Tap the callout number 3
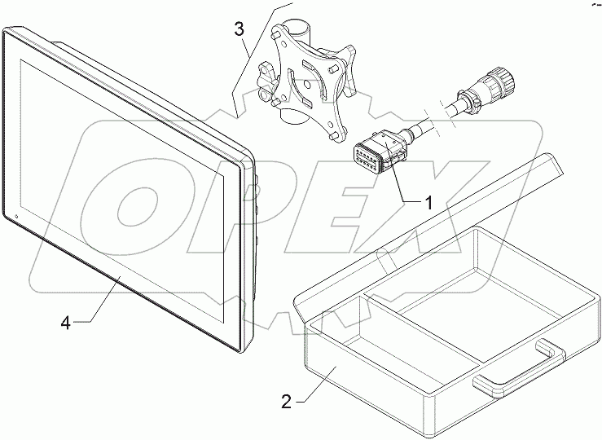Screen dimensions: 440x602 point(238,30)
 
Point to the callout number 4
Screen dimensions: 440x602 point(66,323)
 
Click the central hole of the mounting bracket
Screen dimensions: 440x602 point(310,83)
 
